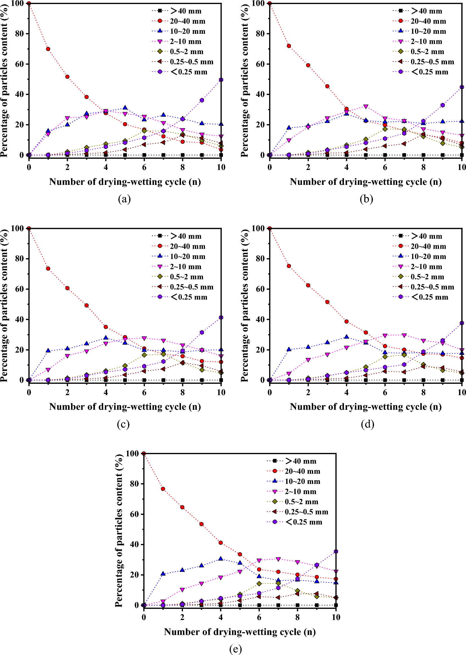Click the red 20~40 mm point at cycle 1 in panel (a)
(x=48, y=49)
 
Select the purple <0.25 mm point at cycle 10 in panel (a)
(x=221, y=79)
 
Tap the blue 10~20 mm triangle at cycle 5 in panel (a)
(x=125, y=108)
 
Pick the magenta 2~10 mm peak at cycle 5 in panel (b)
(x=366, y=107)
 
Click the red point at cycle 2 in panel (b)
(x=308, y=65)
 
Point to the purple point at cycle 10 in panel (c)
(x=221, y=317)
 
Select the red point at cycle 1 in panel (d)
(x=289, y=266)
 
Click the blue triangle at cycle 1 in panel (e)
(x=163, y=574)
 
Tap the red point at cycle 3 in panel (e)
(x=202, y=524)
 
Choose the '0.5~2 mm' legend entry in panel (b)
(x=427, y=52)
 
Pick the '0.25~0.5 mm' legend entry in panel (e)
(x=306, y=512)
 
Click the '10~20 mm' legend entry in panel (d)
(x=428, y=256)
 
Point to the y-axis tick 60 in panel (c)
(x=19, y=289)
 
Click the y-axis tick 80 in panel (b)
(x=260, y=34)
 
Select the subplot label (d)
(x=367, y=424)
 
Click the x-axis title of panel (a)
(x=125, y=182)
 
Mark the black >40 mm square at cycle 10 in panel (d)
(x=462, y=380)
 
